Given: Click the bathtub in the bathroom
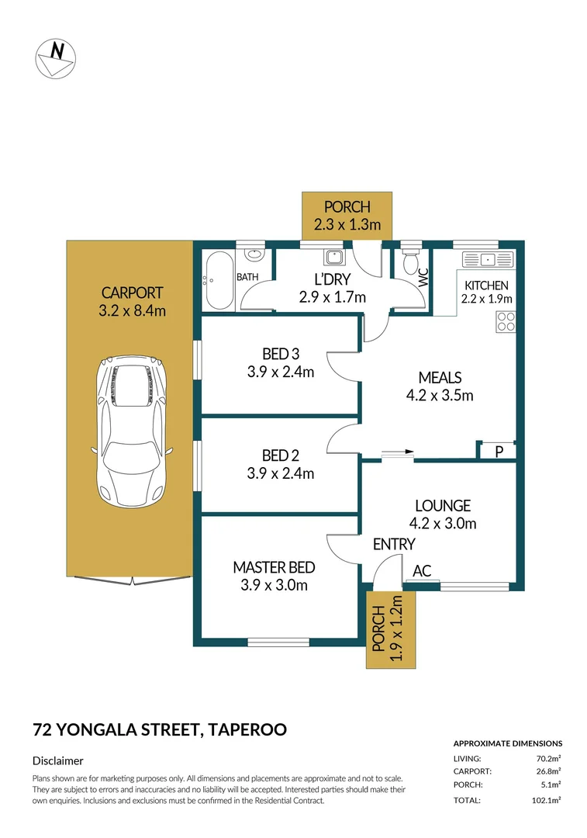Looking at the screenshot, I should point(219,279).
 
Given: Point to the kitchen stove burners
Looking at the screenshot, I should point(506,321).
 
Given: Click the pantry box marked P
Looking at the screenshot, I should point(499,450).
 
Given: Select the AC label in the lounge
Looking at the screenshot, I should point(422,571).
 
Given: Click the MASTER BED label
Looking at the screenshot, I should point(274,567).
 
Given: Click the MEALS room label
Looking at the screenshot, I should point(440,378).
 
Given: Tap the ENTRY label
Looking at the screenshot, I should point(394,544).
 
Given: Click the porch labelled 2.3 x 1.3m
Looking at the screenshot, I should point(347,216).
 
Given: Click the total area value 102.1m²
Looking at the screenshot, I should point(547,799).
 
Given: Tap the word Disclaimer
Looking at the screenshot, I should point(58,761).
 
